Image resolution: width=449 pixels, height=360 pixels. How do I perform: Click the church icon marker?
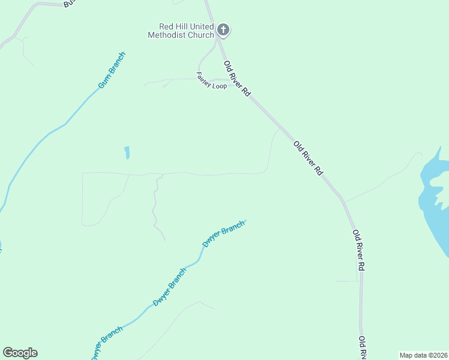click(223, 29)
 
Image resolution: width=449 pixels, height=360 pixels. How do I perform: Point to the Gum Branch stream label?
click(112, 71)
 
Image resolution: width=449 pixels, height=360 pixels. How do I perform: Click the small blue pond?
click(127, 153)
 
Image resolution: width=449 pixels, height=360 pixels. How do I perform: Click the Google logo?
click(20, 353)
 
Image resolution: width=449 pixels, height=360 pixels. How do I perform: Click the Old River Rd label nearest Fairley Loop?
click(237, 78)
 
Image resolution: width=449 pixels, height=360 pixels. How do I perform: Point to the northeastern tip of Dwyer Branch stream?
click(246, 221)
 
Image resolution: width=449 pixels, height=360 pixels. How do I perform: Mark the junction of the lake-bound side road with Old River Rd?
click(343, 200)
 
